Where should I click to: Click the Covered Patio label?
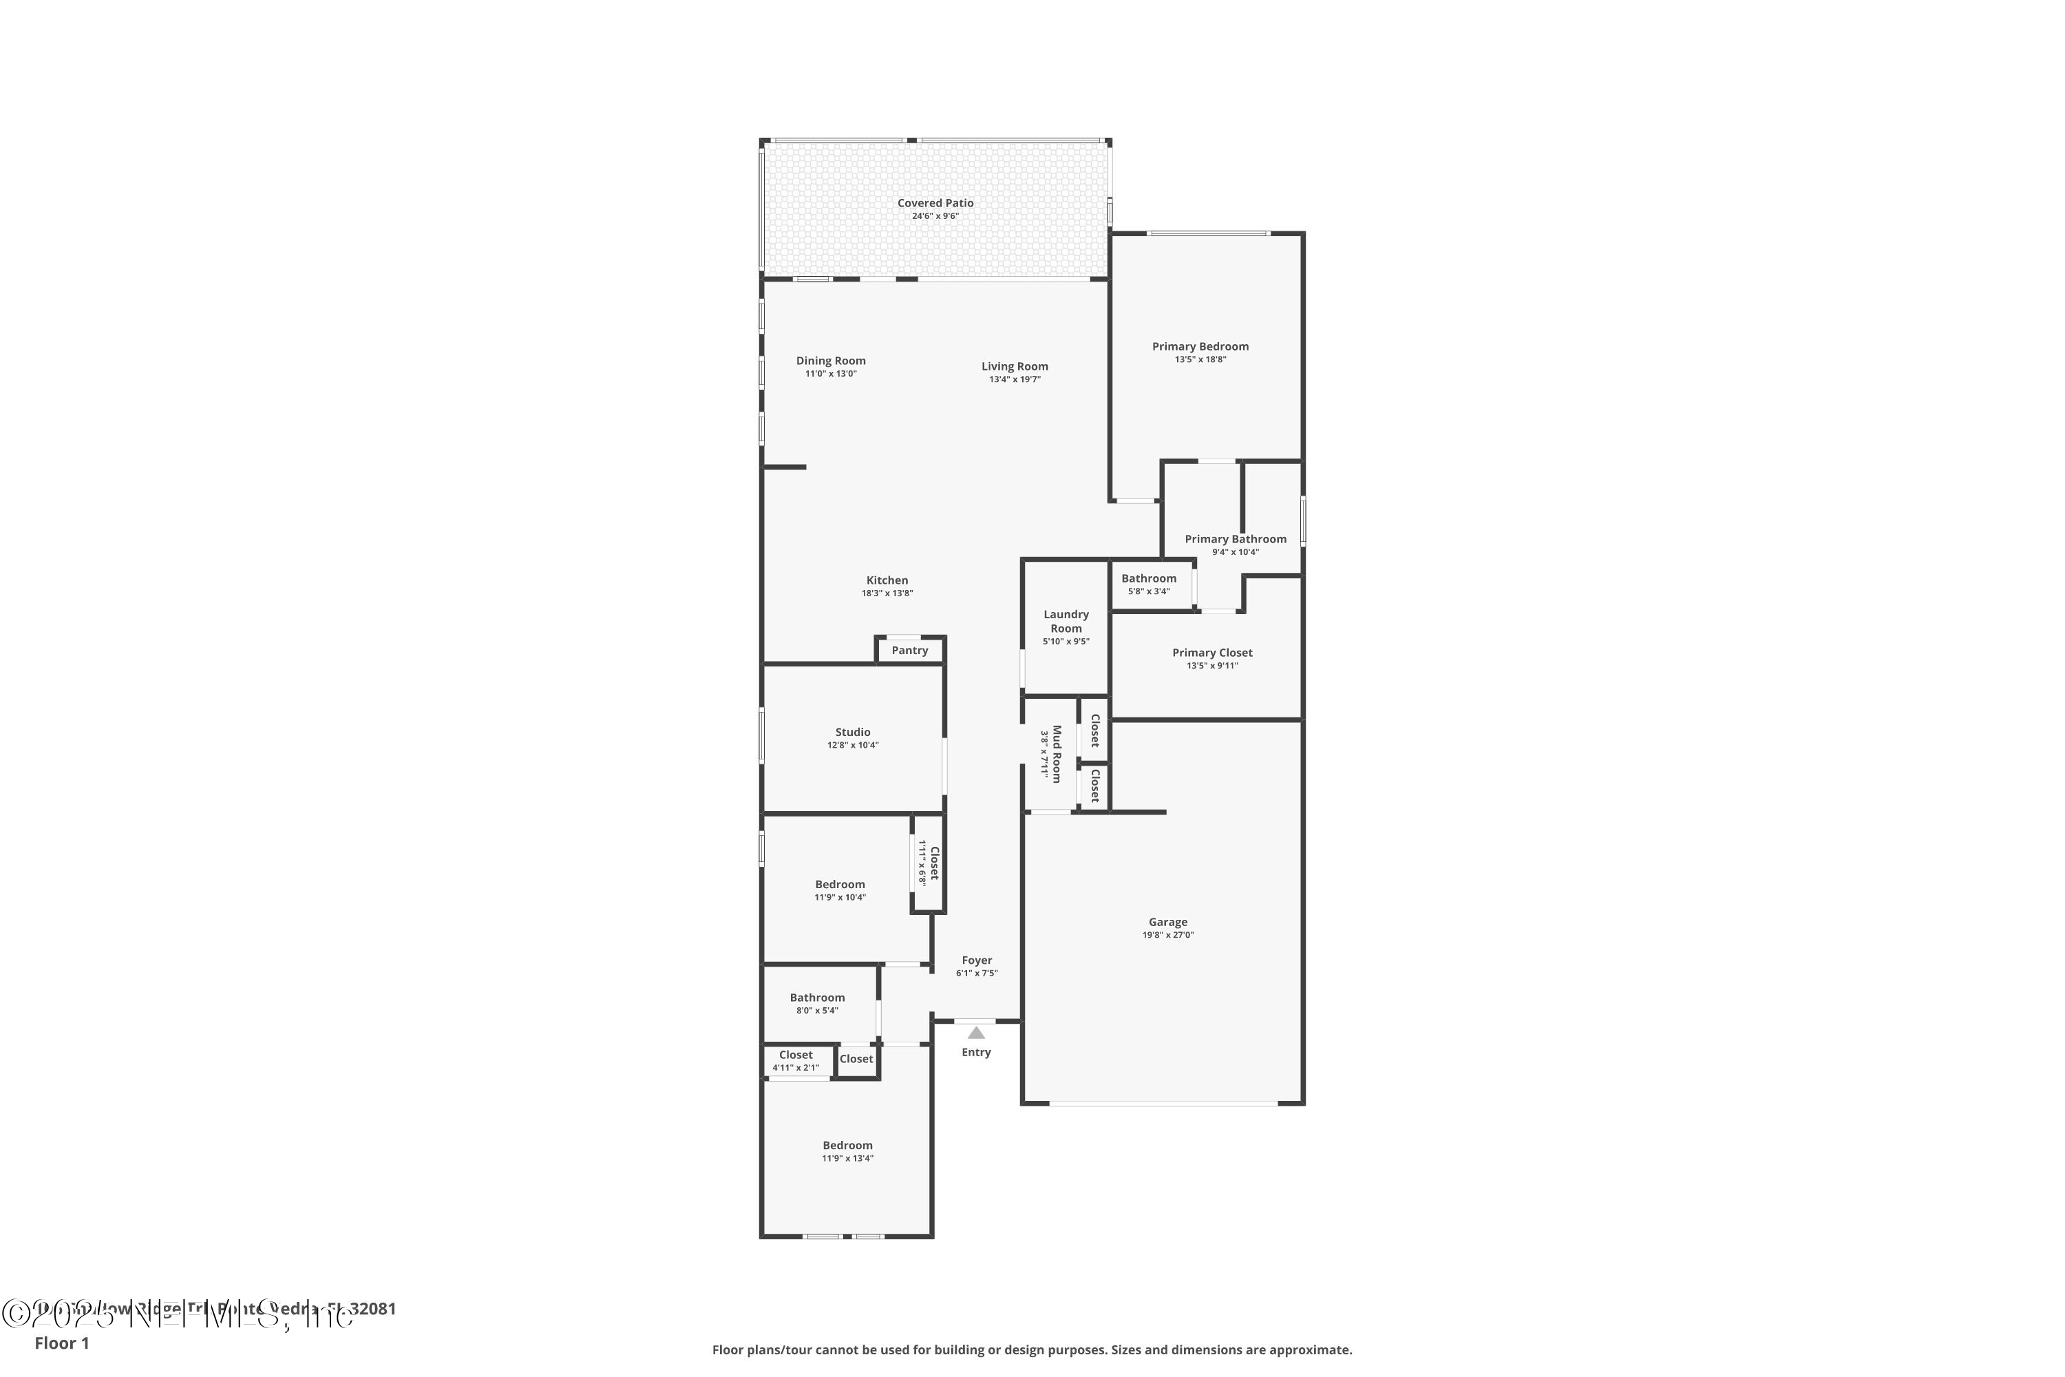click(x=935, y=203)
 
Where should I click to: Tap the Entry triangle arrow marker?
click(x=975, y=1033)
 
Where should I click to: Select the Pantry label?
click(x=909, y=651)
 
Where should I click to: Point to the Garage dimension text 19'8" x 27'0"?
click(x=1167, y=935)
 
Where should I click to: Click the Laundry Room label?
click(x=1066, y=621)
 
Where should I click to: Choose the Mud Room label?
click(x=1057, y=753)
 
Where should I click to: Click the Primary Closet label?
click(x=1212, y=653)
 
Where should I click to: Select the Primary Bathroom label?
click(x=1236, y=539)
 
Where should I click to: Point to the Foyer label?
click(x=976, y=960)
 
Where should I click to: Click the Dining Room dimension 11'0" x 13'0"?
click(x=831, y=374)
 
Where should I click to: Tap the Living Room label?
click(x=1015, y=366)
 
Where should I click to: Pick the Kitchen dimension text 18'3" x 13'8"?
click(x=887, y=593)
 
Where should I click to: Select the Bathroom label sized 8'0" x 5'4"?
click(x=816, y=998)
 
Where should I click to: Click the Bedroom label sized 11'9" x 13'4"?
click(x=847, y=1145)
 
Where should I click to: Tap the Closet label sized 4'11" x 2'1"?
click(x=796, y=1055)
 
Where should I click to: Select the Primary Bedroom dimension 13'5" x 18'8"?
click(x=1200, y=359)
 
